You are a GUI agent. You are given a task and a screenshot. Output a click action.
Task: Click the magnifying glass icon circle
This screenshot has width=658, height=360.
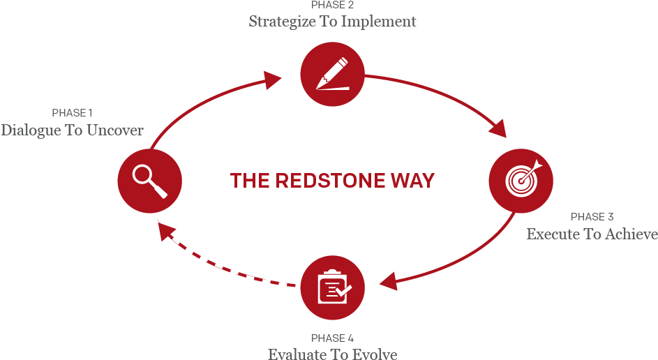point(149,180)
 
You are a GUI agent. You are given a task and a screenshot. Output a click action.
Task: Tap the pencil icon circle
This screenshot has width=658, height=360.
point(333,75)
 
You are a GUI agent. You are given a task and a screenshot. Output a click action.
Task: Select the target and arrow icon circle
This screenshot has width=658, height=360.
point(521,180)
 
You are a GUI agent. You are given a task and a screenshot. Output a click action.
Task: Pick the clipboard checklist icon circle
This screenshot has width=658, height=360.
point(333,287)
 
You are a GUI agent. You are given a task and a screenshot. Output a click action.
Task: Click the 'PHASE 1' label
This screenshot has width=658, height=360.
point(72,113)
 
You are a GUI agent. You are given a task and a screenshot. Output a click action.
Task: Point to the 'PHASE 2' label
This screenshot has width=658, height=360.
point(333,6)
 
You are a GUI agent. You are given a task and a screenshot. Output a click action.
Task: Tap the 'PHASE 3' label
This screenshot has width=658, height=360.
point(592,217)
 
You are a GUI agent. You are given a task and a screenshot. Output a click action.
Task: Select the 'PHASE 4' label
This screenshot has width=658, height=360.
point(333,338)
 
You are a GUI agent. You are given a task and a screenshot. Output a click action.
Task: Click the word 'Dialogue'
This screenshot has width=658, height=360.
point(31,130)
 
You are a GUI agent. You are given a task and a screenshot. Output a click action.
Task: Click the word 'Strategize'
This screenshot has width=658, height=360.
point(283,22)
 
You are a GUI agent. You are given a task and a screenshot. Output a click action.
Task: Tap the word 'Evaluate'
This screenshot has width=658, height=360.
point(297,354)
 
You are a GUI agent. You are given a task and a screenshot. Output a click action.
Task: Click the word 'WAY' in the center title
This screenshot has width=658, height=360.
point(413,181)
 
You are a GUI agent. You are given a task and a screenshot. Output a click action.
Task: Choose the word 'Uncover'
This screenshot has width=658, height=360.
point(115,130)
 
